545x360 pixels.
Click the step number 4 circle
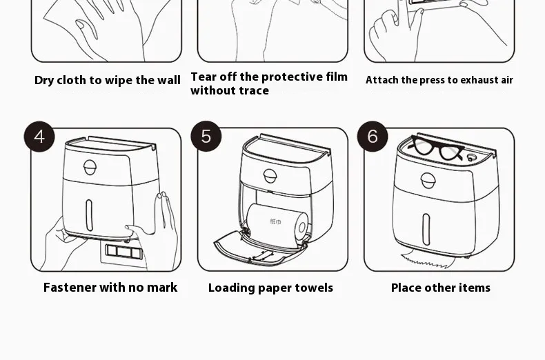pos(39,137)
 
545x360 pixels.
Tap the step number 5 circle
pos(206,137)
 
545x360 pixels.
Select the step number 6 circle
pos(373,137)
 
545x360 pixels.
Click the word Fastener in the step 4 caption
pos(70,288)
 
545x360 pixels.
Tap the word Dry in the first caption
pos(44,80)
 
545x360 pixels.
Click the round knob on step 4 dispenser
pos(90,168)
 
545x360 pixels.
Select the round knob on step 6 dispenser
pos(428,181)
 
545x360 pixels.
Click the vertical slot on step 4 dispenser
pos(89,215)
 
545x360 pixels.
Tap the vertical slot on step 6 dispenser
pos(426,230)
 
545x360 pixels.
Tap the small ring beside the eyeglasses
pos(471,158)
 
